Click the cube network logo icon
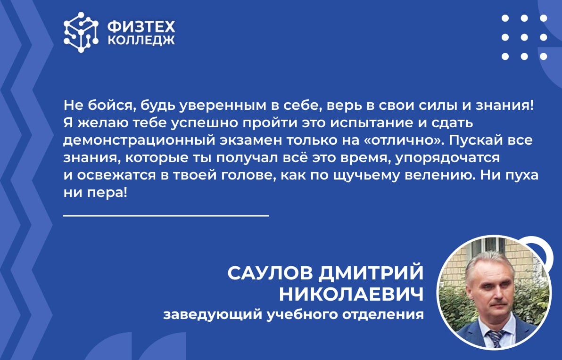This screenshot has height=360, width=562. click(x=81, y=32)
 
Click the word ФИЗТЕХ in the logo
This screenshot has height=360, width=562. click(x=141, y=27)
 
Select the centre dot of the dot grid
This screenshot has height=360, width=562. click(x=524, y=37)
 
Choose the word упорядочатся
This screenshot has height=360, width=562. click(x=447, y=158)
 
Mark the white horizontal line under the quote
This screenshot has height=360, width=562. click(x=166, y=216)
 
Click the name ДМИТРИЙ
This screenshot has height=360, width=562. click(x=371, y=273)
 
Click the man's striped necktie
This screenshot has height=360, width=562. click(x=495, y=338)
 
